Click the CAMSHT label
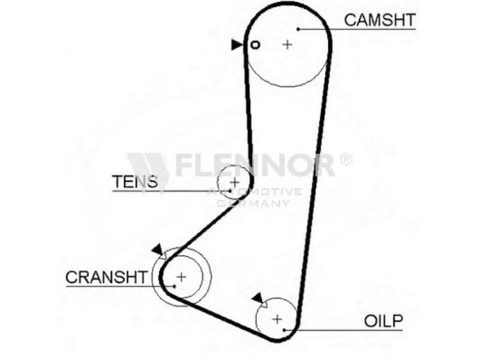point(379,19)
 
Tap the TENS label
point(135,181)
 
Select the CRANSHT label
point(106,277)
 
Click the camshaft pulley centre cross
point(287,44)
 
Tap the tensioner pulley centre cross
point(235,181)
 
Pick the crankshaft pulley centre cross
point(181,277)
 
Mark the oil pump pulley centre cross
point(277,319)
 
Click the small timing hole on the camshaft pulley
point(255,44)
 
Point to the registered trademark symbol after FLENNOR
point(346,159)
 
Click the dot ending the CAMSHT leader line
point(298,28)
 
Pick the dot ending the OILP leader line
point(287,330)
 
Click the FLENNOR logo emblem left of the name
point(148,164)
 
